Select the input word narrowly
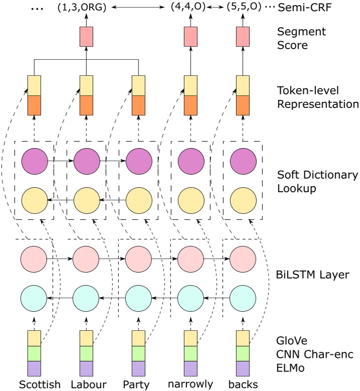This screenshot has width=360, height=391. [x=191, y=384]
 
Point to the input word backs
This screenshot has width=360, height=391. [x=243, y=384]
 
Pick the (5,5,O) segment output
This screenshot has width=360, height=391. [x=243, y=8]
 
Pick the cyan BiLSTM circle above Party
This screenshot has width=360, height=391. [x=138, y=299]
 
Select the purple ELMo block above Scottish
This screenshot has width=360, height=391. [x=34, y=369]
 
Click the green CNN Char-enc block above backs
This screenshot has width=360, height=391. [x=243, y=353]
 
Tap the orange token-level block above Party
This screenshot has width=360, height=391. [x=138, y=105]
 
